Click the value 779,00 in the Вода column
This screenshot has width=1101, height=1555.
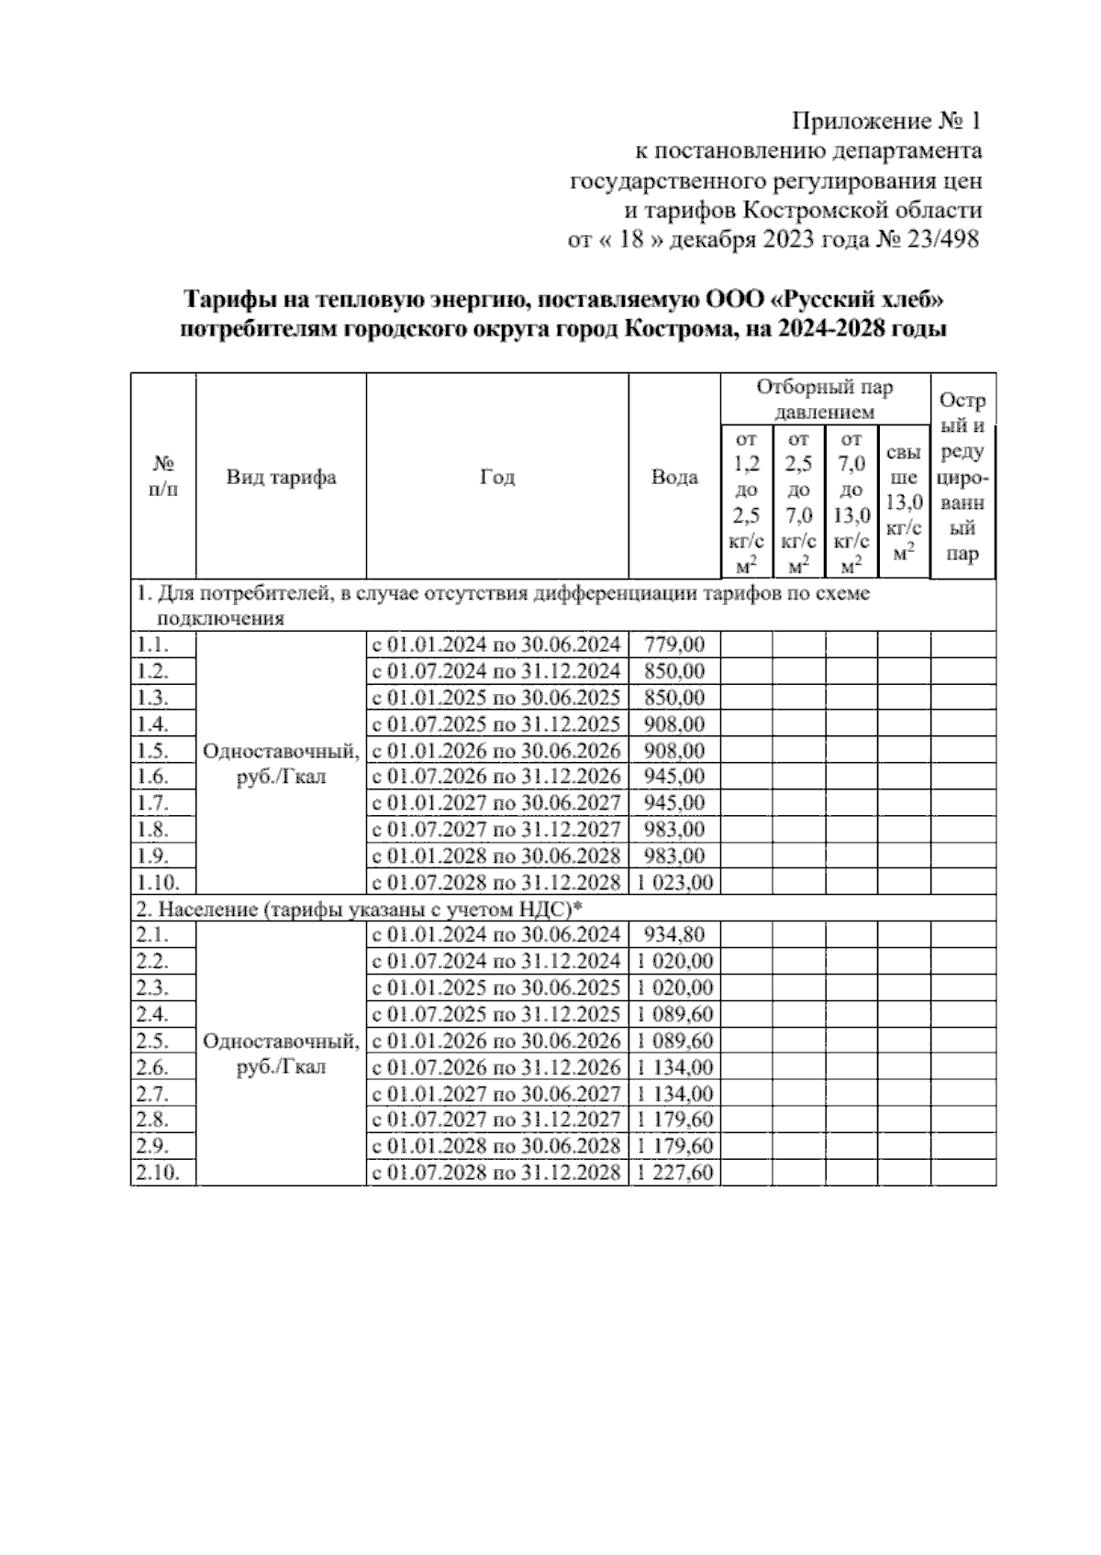click(674, 645)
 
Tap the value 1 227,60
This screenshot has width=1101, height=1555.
click(674, 1173)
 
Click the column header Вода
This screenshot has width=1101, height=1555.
click(674, 477)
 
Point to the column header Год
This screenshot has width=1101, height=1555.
click(497, 477)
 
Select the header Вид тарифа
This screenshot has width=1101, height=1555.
click(281, 477)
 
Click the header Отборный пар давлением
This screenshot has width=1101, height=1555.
click(824, 400)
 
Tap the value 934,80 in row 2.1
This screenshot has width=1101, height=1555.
click(674, 935)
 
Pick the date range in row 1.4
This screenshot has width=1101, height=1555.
click(495, 724)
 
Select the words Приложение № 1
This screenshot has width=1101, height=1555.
click(886, 120)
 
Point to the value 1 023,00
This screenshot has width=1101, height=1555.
click(674, 883)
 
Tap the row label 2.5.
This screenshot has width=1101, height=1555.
click(151, 1042)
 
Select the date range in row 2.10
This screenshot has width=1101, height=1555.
click(495, 1173)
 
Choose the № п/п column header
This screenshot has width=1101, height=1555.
click(162, 477)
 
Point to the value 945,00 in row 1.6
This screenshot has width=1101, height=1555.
click(674, 777)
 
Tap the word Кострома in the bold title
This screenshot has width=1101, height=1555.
click(676, 329)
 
